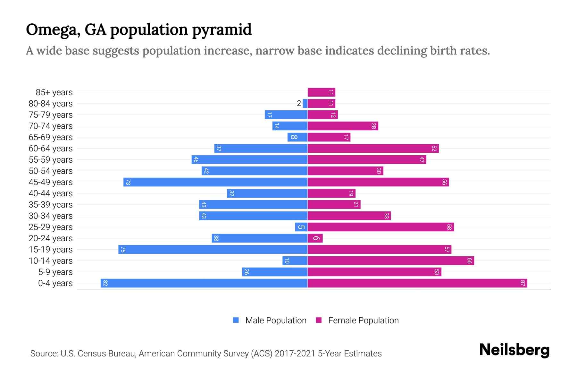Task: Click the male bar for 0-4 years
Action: [204, 283]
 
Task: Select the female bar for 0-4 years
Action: [417, 283]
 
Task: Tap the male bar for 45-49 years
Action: [215, 182]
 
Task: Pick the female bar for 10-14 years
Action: [391, 261]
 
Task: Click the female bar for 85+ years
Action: [321, 92]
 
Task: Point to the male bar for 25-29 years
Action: [301, 227]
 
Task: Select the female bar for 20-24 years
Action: [315, 238]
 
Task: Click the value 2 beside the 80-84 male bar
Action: [299, 103]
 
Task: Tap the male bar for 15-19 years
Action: [213, 249]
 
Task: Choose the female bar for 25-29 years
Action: [380, 227]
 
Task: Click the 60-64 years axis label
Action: [51, 149]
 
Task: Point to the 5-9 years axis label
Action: [55, 272]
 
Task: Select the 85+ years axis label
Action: [54, 92]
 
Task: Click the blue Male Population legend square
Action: [236, 320]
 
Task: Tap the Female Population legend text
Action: [363, 320]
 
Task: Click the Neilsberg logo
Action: [514, 350]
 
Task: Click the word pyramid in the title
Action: [222, 30]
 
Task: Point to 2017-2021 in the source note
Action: [295, 354]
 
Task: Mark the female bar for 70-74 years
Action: [343, 126]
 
